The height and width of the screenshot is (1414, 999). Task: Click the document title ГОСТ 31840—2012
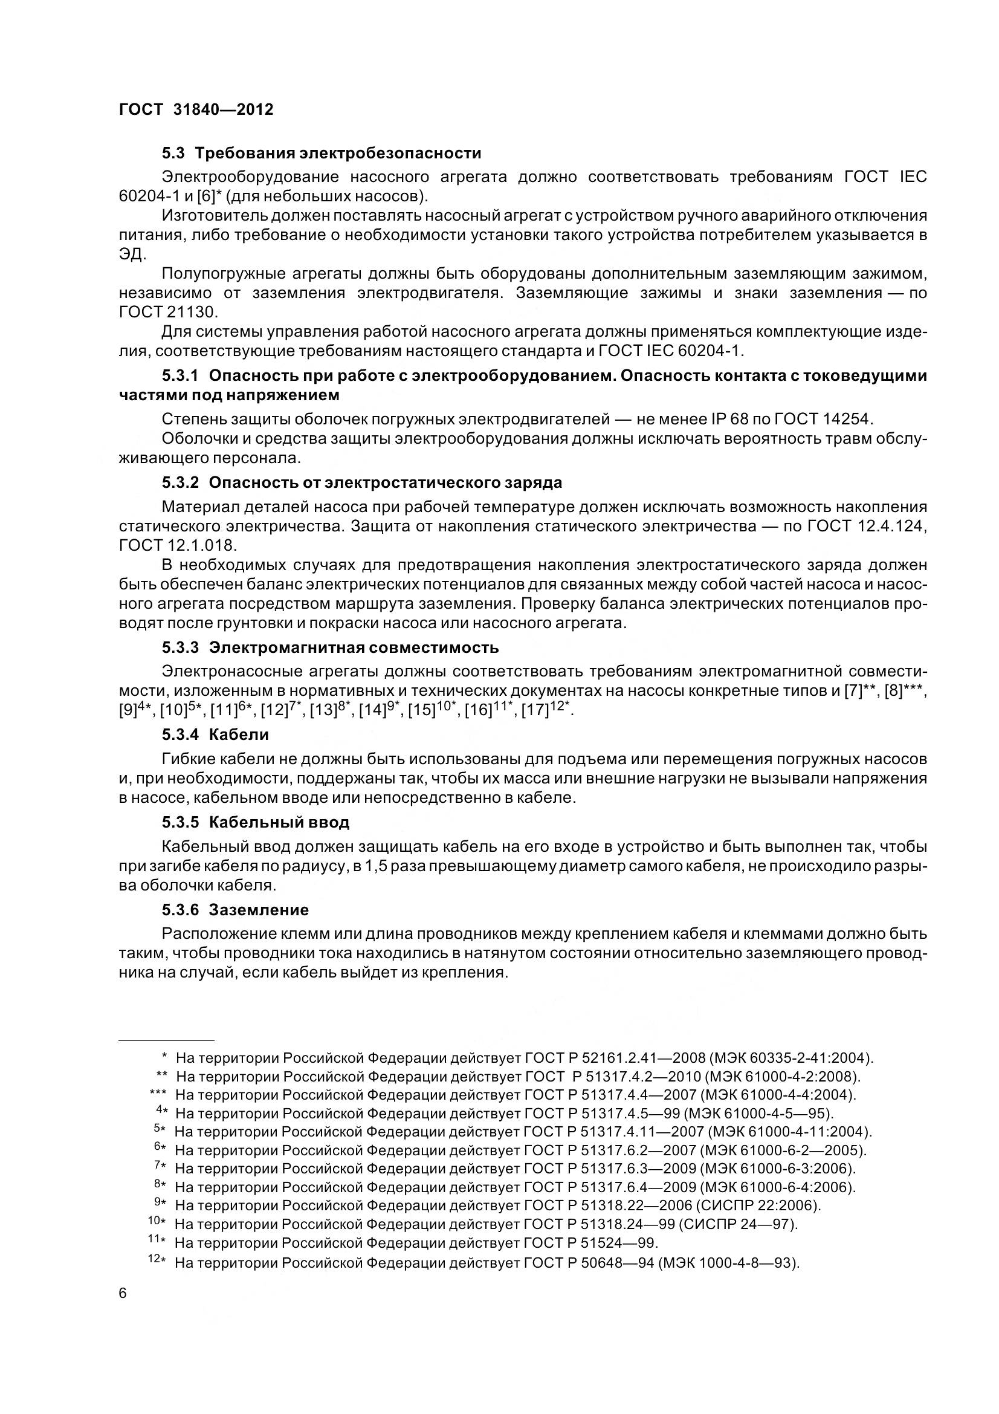point(196,109)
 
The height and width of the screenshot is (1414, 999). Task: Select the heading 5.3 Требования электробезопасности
point(322,153)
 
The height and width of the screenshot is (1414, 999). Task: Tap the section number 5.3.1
point(179,375)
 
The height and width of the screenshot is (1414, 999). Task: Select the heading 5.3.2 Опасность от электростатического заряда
point(362,482)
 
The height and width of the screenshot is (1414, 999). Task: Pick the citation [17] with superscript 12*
point(546,710)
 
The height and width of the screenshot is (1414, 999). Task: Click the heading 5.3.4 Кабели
point(215,735)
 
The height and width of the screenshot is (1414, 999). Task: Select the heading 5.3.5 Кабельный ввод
point(256,822)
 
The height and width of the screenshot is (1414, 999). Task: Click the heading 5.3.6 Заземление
point(235,910)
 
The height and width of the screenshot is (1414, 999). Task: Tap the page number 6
point(123,1293)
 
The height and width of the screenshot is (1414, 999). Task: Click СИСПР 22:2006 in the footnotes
point(756,1205)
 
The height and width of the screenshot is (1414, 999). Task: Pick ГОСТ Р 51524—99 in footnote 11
point(590,1243)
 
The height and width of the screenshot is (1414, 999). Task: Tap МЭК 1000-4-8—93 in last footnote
point(728,1262)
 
